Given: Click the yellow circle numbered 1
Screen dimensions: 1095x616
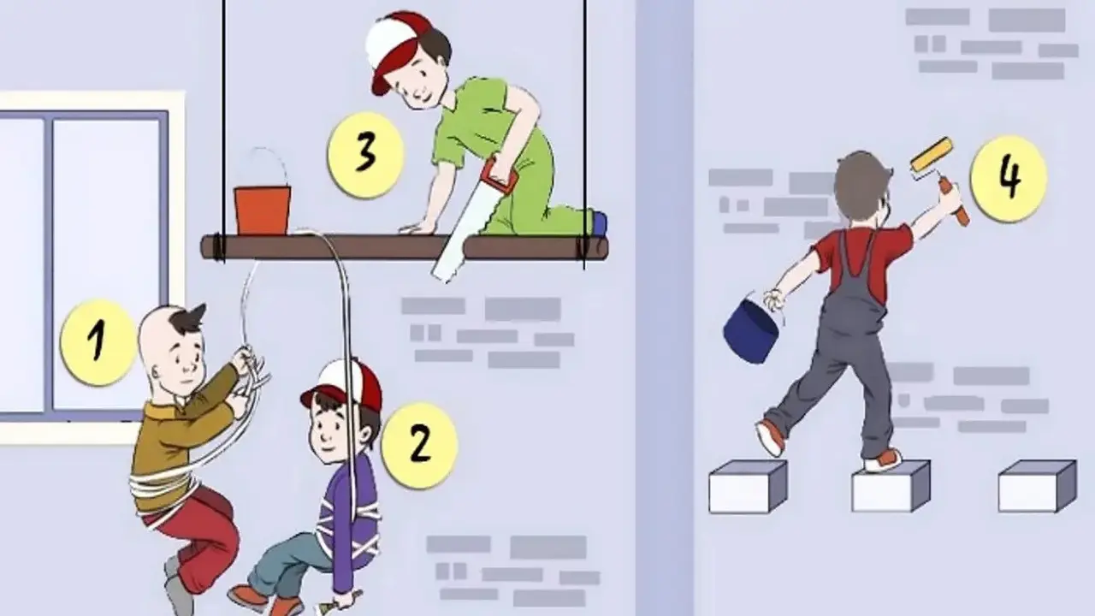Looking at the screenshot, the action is click(99, 342).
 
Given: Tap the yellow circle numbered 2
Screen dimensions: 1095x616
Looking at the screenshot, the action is click(419, 444).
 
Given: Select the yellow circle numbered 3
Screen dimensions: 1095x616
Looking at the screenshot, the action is click(365, 155).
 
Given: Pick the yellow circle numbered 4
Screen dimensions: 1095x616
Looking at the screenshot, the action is click(1009, 179).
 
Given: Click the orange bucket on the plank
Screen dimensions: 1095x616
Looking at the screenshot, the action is click(263, 210).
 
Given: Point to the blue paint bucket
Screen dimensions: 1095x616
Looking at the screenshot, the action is click(750, 329).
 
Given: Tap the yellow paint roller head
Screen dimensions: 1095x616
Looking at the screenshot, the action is click(932, 155).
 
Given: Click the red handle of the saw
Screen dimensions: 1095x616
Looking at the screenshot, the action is click(499, 174).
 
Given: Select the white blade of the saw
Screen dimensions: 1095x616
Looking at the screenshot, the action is click(457, 235).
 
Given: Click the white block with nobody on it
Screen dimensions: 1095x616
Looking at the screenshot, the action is click(1037, 486).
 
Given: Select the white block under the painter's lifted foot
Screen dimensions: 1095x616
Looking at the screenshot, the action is click(748, 487).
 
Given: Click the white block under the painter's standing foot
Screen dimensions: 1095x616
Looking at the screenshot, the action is click(891, 487).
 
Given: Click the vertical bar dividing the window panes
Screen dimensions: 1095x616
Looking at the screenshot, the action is click(49, 264).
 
